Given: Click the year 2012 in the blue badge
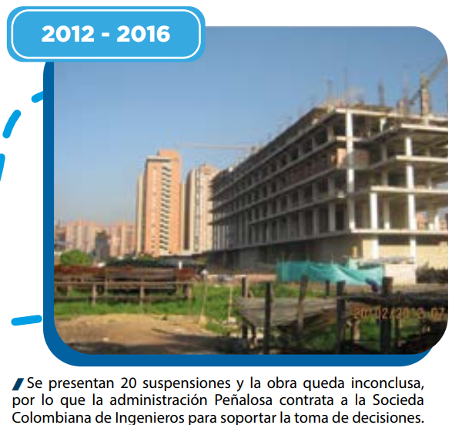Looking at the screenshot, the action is (x=68, y=34).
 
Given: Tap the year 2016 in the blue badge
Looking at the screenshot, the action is (x=143, y=34).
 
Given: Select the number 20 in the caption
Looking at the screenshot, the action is (x=129, y=383).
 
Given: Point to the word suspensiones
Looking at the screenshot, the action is (x=186, y=383).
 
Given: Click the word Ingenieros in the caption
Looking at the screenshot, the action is (x=149, y=417).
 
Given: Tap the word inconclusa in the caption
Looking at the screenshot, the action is (x=387, y=383).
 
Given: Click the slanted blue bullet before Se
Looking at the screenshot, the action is (x=18, y=383).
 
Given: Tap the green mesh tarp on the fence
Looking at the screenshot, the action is (x=330, y=272).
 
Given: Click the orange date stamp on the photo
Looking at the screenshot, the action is (x=399, y=314).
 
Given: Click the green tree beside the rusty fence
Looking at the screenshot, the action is (x=76, y=258).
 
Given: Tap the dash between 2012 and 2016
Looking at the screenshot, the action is (x=105, y=35).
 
